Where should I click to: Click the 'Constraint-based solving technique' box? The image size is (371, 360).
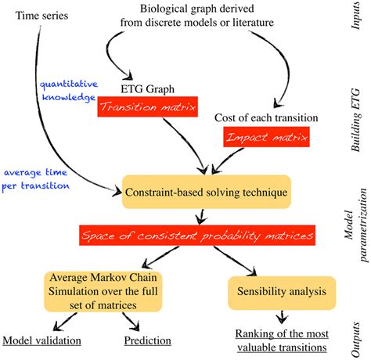tap(207, 192)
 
